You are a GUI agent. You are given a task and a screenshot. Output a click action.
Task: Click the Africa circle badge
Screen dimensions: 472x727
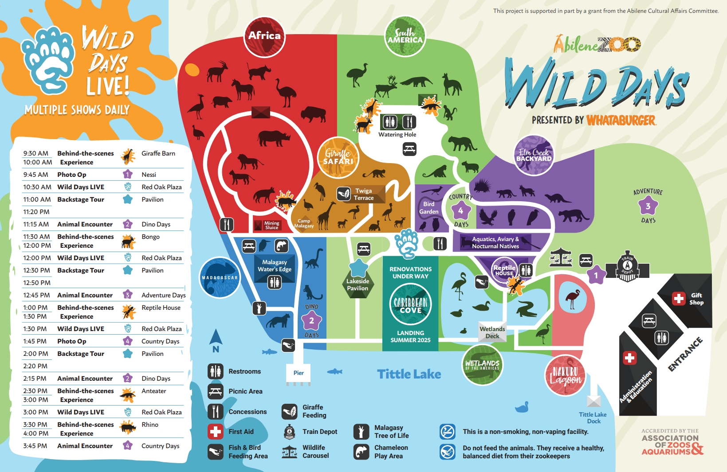264,37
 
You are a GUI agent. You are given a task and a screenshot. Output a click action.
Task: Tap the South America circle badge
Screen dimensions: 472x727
405,36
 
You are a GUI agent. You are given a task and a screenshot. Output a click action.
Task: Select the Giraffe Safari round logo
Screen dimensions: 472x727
338,157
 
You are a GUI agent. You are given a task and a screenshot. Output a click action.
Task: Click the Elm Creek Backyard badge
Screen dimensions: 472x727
534,155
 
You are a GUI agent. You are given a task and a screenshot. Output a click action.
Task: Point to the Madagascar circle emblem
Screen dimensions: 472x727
220,277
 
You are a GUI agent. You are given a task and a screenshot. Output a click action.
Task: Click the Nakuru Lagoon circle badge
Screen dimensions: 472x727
565,375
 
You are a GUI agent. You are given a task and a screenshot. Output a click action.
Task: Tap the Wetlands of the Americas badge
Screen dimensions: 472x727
482,364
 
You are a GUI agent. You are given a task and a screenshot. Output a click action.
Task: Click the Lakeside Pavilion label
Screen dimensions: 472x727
358,285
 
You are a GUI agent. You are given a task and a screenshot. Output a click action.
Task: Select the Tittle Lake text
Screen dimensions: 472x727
409,374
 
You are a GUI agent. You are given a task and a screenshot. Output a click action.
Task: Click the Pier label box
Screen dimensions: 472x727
299,373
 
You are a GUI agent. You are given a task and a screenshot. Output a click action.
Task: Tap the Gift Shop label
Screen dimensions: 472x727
696,299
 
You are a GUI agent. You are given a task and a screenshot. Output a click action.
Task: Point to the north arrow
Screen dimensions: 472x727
216,339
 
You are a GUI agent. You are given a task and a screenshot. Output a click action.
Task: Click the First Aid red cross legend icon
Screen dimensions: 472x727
216,431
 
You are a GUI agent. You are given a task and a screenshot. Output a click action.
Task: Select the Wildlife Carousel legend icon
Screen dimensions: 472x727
290,452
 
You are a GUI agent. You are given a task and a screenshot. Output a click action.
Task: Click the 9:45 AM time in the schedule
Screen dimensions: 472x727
35,175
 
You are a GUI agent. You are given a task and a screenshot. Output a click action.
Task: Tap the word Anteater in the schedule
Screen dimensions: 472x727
153,391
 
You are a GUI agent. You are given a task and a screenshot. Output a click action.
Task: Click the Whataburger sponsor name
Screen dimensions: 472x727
621,120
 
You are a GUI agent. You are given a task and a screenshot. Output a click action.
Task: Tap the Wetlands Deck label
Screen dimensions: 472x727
492,332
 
